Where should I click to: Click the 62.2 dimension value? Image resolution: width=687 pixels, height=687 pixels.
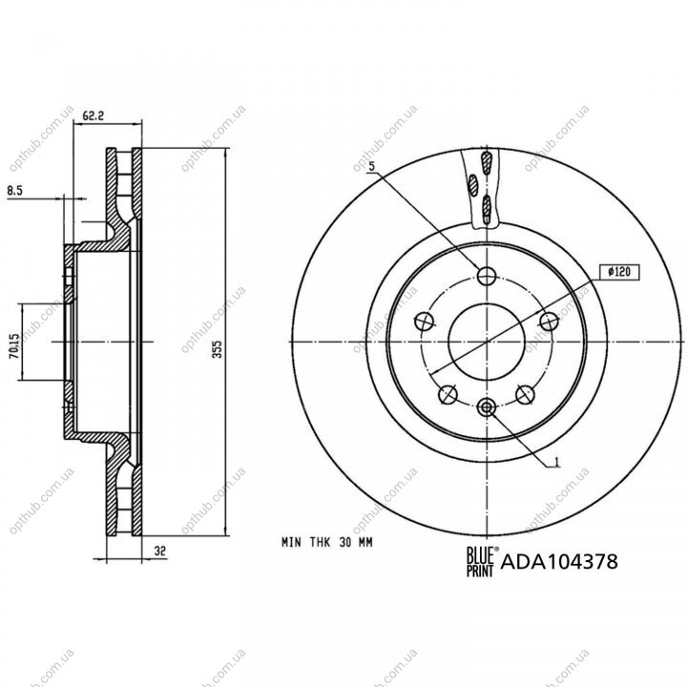(94, 116)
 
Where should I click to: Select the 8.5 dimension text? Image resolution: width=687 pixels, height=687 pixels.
(14, 190)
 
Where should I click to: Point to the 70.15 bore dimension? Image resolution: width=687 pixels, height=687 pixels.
(14, 346)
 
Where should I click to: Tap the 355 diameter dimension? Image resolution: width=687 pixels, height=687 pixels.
(218, 349)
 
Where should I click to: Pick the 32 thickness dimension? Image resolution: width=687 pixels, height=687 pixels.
(160, 551)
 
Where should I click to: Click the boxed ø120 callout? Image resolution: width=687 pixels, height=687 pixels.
(619, 272)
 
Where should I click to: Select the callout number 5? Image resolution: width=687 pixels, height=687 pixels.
(372, 166)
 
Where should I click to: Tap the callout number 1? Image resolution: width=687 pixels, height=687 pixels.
(557, 462)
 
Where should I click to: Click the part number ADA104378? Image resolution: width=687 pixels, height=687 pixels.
(559, 561)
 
